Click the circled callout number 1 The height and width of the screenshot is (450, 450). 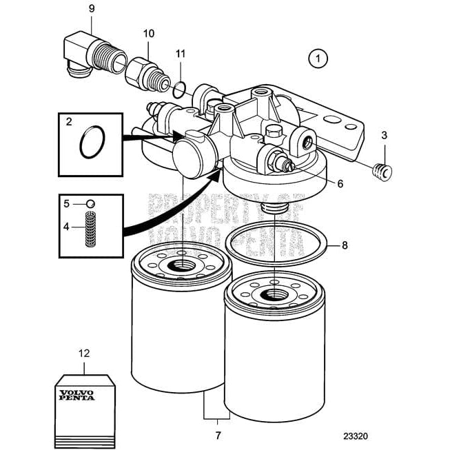(318, 59)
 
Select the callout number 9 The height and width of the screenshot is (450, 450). (92, 10)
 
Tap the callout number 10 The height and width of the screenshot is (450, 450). (149, 33)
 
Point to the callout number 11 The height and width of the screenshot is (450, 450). (180, 53)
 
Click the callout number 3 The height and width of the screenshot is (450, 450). (384, 135)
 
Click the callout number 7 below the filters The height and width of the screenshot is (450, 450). (218, 435)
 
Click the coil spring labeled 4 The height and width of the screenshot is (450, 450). (89, 230)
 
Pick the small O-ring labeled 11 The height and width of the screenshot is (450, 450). (180, 88)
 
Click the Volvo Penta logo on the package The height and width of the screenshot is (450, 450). (78, 396)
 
